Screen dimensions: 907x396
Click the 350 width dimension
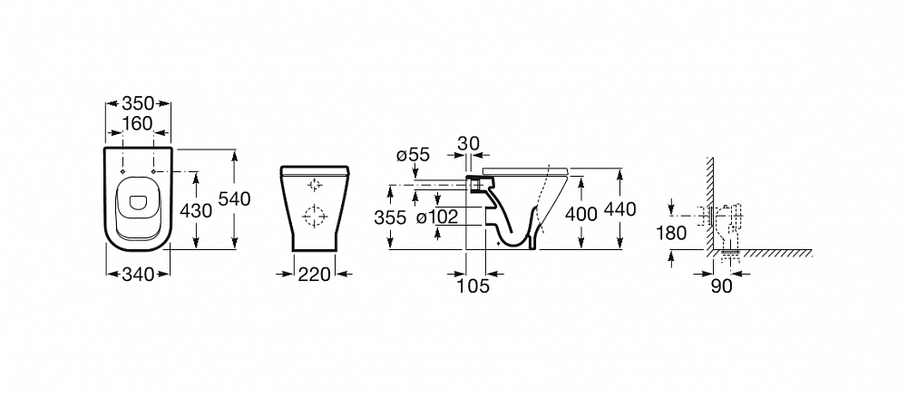pos(138,103)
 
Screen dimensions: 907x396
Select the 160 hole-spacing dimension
pos(137,124)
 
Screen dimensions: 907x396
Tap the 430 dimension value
pos(196,211)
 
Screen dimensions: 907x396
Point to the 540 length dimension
pos(234,198)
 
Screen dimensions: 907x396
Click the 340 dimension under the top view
pos(138,275)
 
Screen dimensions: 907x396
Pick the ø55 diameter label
pos(413,155)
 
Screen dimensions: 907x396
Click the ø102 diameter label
pos(437,217)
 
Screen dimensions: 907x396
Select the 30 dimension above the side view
pos(468,143)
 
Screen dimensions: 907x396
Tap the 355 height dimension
pos(390,217)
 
